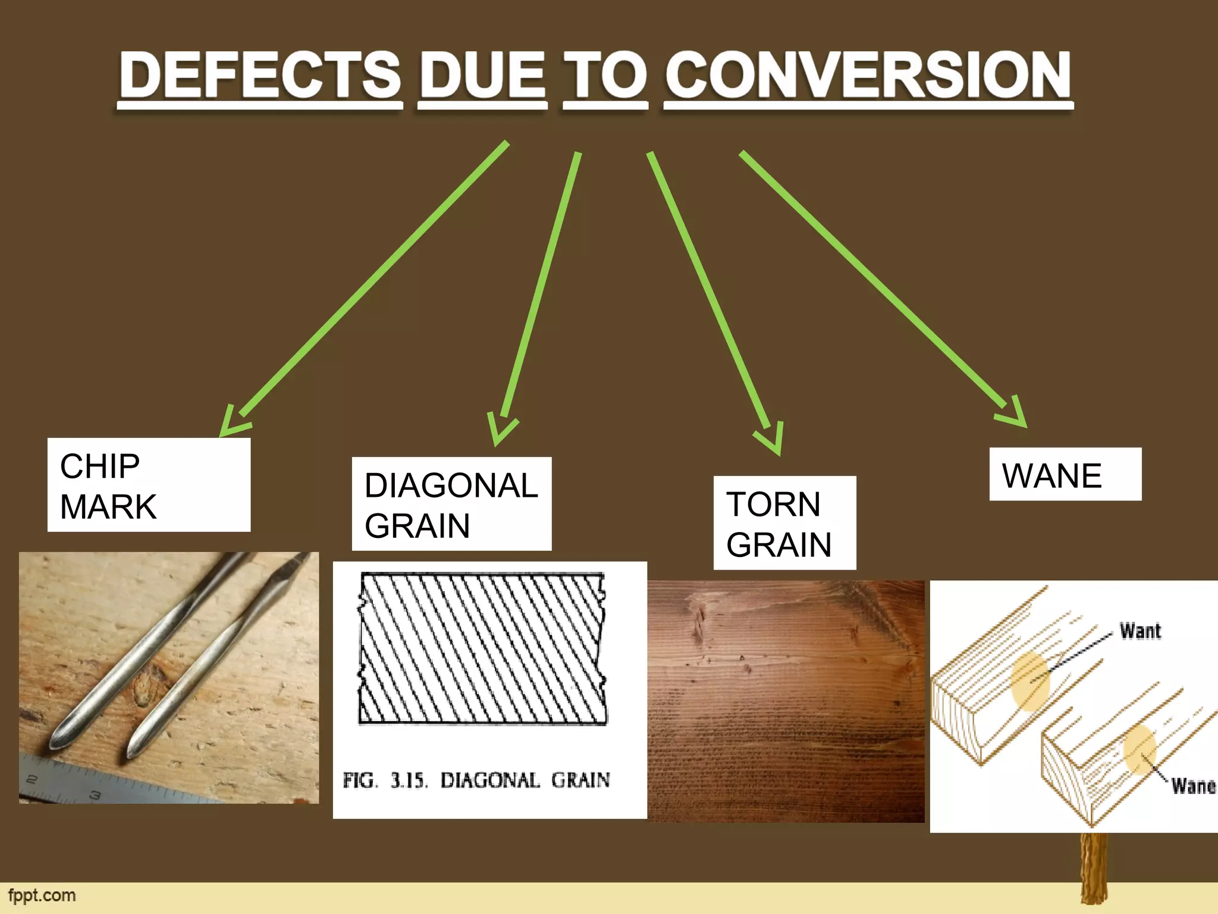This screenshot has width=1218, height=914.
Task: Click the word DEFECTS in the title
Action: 260,76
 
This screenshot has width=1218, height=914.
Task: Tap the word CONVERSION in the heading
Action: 868,76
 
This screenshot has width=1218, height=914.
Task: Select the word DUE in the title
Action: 482,76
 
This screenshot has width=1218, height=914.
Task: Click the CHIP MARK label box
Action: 149,485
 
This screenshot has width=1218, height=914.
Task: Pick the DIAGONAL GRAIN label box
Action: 451,504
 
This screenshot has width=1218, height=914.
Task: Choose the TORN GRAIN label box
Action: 784,523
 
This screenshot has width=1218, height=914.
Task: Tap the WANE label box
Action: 1065,474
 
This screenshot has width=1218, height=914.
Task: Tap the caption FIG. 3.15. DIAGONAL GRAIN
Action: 476,780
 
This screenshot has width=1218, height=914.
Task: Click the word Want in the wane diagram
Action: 1140,631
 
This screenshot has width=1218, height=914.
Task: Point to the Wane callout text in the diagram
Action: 1192,786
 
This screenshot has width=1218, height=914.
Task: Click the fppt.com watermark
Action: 42,896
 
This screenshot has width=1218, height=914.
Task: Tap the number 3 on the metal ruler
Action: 95,795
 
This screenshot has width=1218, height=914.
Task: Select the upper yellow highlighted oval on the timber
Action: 1030,681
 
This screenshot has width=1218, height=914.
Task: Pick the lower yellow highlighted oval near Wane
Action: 1139,749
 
